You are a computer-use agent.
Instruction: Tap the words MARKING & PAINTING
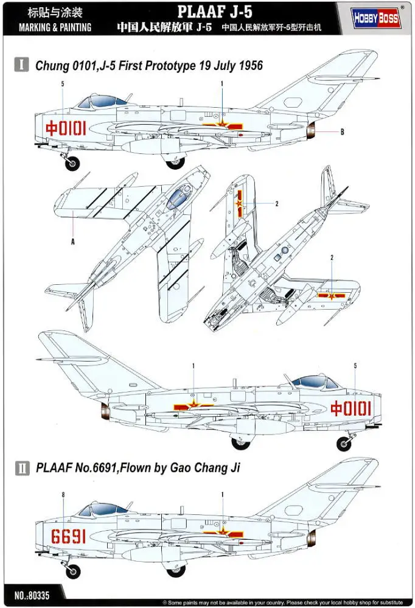click(x=55, y=27)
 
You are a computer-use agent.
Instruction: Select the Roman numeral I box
click(x=22, y=65)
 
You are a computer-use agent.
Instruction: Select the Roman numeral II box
click(x=22, y=467)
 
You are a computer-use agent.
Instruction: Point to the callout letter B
click(x=342, y=132)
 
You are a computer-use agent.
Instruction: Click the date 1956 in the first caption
click(x=249, y=65)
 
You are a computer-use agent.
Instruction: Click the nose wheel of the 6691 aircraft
click(x=72, y=571)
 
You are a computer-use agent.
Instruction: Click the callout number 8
click(x=63, y=495)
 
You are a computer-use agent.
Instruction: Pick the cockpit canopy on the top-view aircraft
click(x=176, y=195)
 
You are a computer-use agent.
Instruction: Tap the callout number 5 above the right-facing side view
click(x=355, y=366)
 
